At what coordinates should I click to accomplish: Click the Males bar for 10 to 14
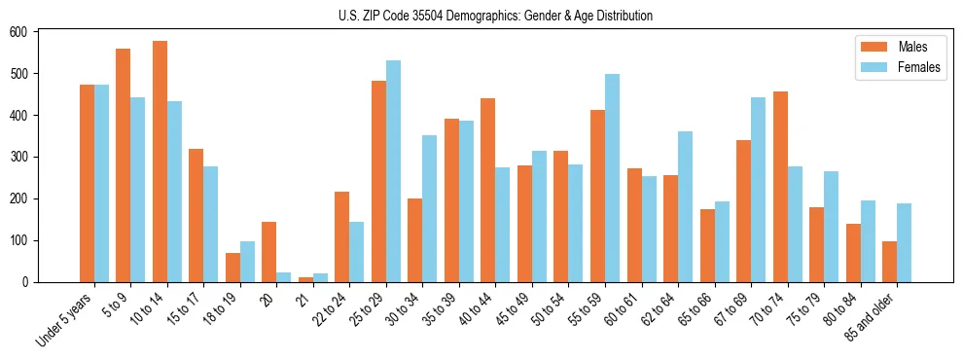tap(160, 162)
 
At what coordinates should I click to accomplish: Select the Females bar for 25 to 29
tap(393, 171)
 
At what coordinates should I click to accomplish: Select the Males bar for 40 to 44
tap(488, 191)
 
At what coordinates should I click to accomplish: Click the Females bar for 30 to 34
tap(430, 208)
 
